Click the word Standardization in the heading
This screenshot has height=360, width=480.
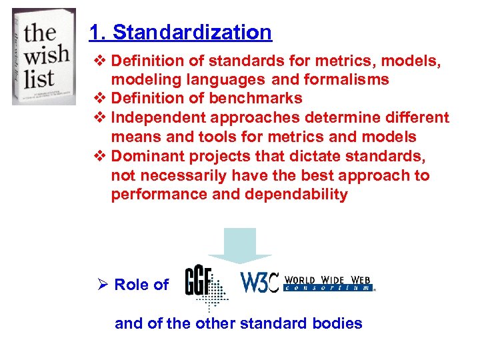tap(192, 32)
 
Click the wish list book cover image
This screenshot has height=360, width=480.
tap(44, 56)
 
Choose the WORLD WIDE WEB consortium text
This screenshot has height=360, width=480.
tap(329, 283)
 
